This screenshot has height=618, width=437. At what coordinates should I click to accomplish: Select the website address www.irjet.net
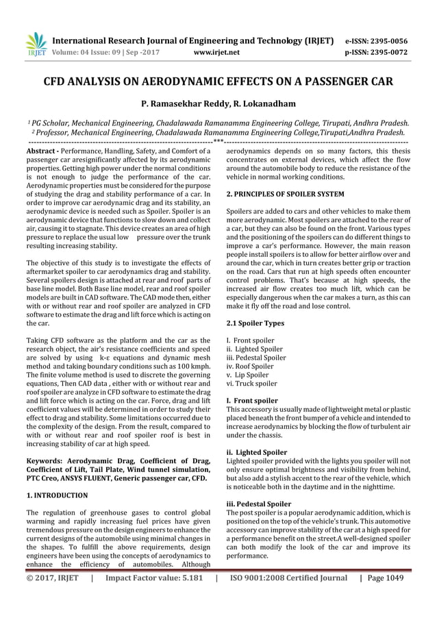217,51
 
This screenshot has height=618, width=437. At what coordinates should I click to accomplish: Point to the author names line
218,105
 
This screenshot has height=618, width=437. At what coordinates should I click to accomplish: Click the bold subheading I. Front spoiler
252,400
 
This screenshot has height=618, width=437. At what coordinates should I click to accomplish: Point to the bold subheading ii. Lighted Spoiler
257,452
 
